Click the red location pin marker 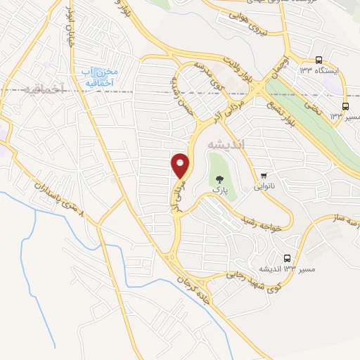181,165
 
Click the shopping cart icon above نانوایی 264,176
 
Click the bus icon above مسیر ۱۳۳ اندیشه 287,258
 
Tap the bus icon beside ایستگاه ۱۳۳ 319,60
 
